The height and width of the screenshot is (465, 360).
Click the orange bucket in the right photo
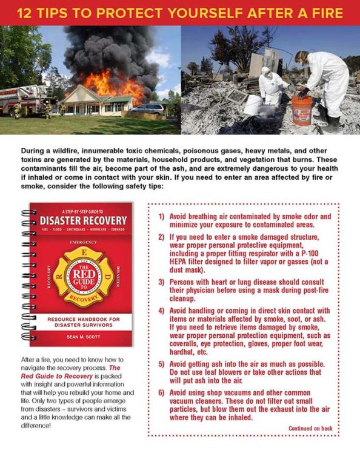point(301,110)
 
